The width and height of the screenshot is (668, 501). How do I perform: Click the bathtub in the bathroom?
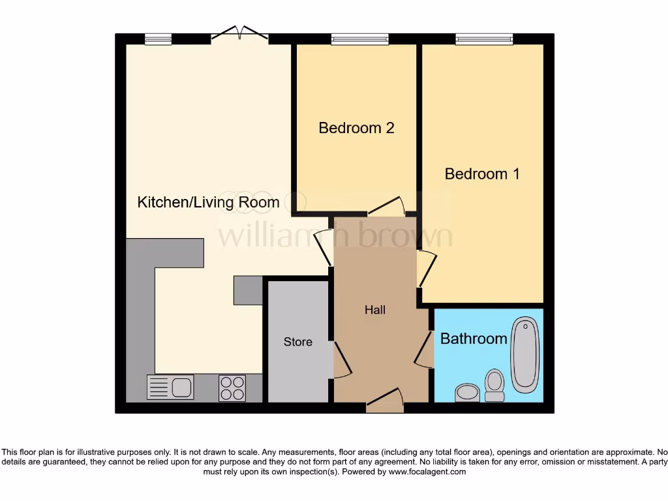click(524, 355)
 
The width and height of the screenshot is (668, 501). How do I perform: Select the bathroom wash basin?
click(466, 392)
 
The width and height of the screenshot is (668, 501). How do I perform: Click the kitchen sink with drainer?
click(170, 387)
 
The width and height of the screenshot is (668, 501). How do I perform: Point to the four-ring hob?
click(232, 387)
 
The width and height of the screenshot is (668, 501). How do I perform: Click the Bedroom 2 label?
click(356, 128)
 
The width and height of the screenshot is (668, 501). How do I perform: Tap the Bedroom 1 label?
click(482, 174)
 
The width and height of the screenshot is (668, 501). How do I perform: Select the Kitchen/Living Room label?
click(208, 202)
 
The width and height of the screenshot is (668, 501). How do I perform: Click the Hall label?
click(375, 310)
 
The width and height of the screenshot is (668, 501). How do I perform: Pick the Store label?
click(297, 342)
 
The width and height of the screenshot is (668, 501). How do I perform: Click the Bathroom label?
click(474, 339)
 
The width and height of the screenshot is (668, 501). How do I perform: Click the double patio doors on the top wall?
click(239, 34)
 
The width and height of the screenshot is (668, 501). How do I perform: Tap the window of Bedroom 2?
click(359, 40)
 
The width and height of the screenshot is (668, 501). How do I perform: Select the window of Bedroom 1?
click(484, 40)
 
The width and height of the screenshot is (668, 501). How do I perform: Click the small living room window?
click(158, 40)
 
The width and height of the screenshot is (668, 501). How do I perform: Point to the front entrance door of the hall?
click(385, 401)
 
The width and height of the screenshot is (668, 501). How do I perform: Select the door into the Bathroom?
click(425, 350)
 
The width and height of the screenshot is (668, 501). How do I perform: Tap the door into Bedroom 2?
click(387, 207)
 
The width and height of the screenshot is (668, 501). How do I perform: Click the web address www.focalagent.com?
click(427, 472)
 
